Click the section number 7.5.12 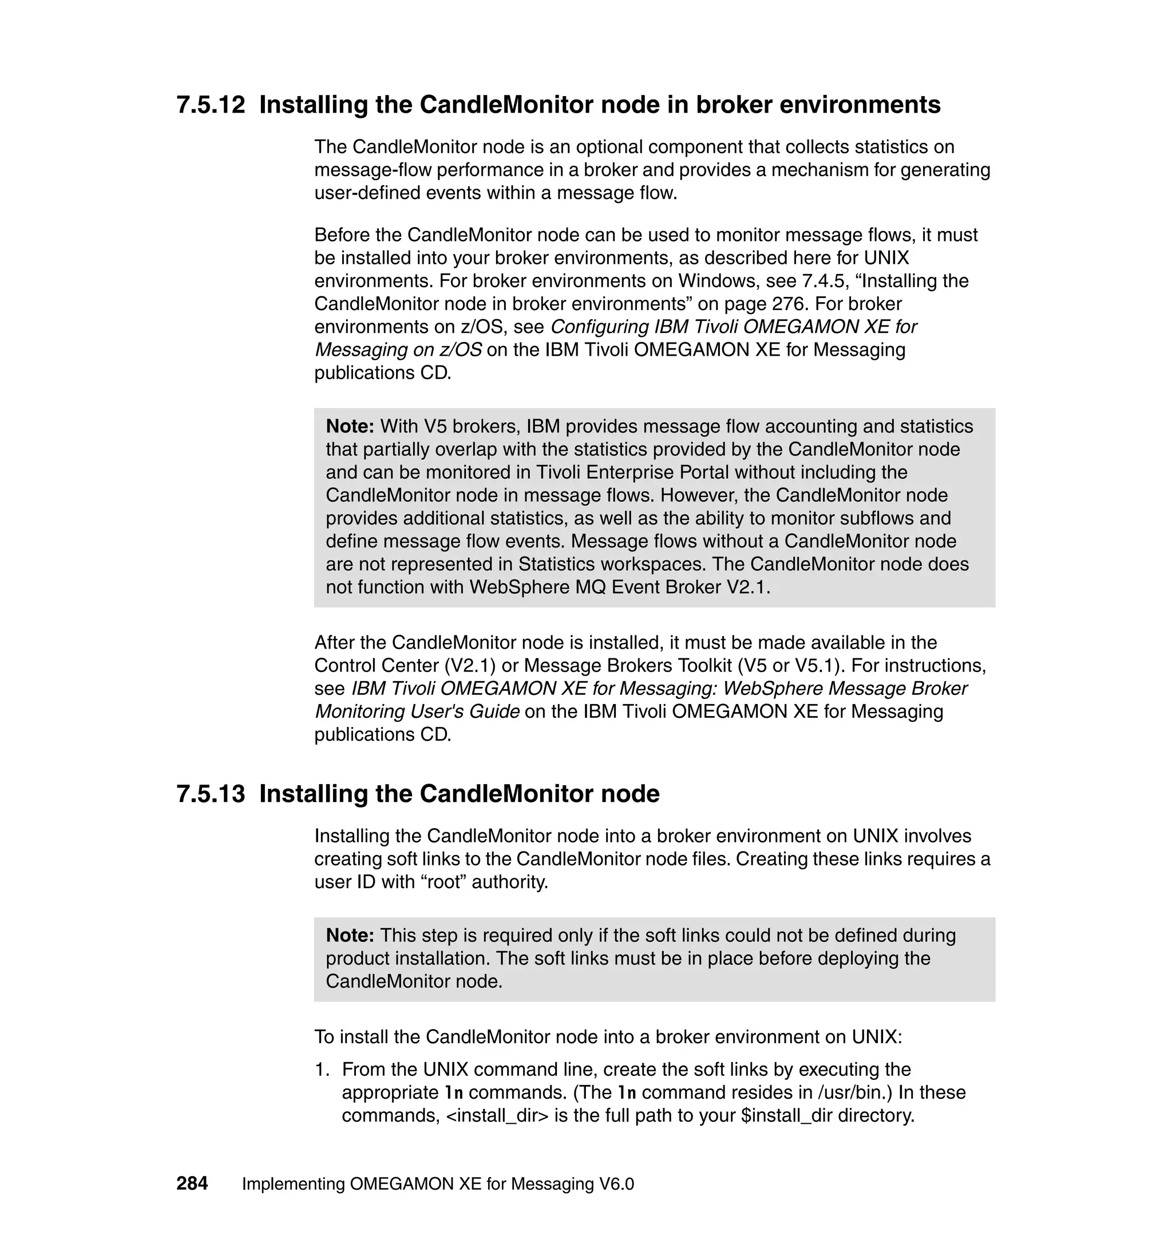click(x=211, y=105)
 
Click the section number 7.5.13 click(x=211, y=794)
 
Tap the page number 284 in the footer click(x=192, y=1183)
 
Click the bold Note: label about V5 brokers click(x=350, y=427)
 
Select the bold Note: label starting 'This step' click(x=350, y=935)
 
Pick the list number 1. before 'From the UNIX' click(x=321, y=1070)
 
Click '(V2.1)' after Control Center click(x=461, y=666)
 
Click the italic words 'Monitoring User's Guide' click(x=417, y=712)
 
